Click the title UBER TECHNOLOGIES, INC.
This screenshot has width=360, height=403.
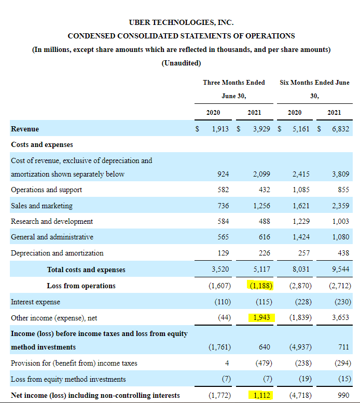[x=181, y=22]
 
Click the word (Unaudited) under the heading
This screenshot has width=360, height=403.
[x=181, y=63]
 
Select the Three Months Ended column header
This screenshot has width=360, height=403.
[x=233, y=82]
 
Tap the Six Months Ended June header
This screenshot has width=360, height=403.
[x=314, y=82]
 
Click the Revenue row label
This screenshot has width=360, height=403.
[x=25, y=129]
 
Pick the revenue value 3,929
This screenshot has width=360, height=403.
[x=261, y=129]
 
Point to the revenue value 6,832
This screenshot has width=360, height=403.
[x=340, y=129]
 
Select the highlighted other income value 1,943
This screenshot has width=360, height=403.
[x=261, y=317]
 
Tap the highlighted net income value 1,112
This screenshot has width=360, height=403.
[x=261, y=395]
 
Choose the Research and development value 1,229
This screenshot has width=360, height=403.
[x=302, y=221]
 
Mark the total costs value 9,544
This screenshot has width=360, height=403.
[x=340, y=270]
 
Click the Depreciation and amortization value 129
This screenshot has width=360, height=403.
[x=223, y=253]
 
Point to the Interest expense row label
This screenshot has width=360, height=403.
[x=35, y=302]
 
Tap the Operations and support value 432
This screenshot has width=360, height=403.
[x=265, y=190]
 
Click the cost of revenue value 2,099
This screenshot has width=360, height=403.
[x=261, y=174]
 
